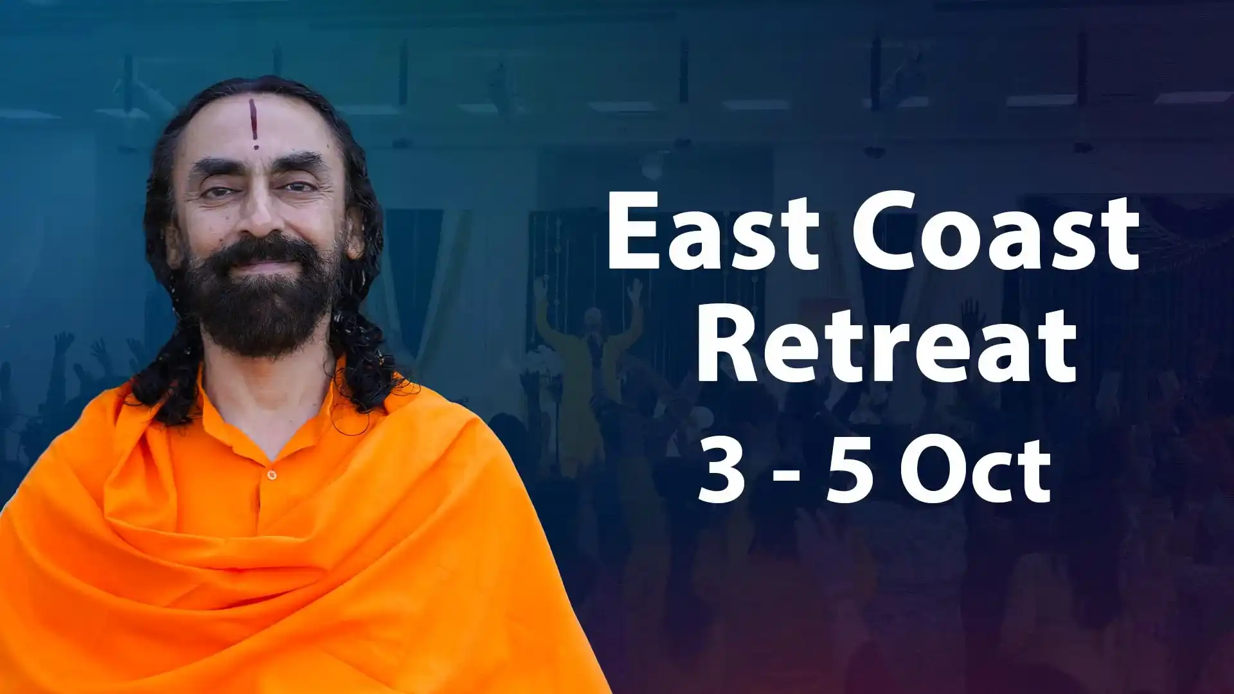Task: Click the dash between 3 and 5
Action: pyautogui.click(x=783, y=476)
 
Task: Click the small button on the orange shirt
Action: pyautogui.click(x=271, y=475)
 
